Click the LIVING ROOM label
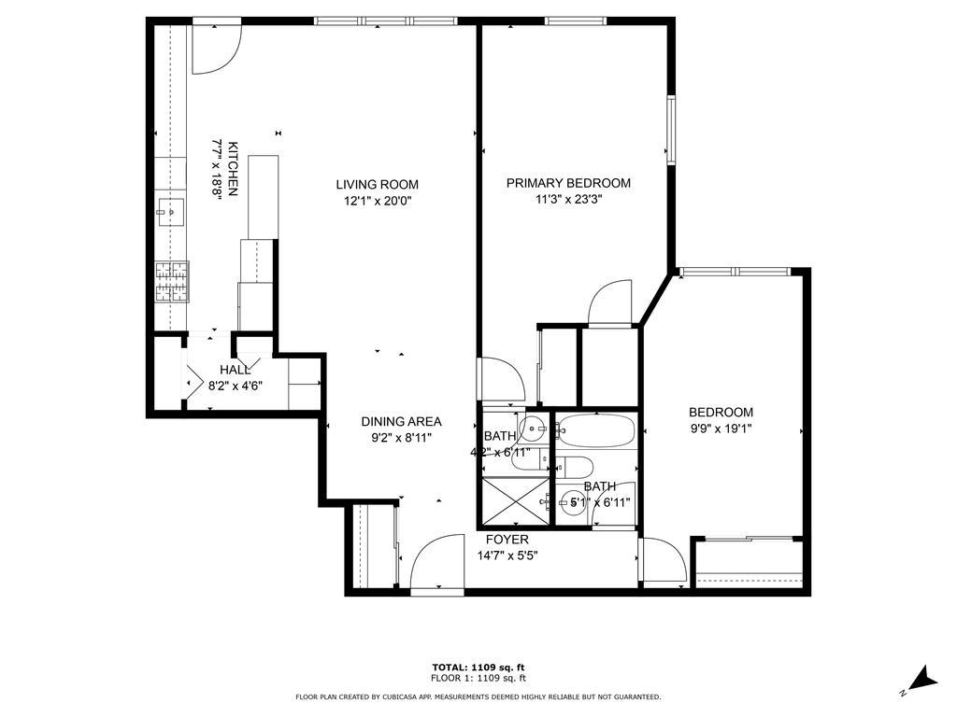(378, 184)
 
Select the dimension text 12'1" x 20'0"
(378, 200)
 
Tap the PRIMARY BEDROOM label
(568, 183)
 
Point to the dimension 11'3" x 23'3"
(568, 199)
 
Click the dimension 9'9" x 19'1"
(721, 429)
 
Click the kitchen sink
(170, 212)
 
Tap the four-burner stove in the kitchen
(172, 282)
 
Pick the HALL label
(235, 370)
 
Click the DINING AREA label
(401, 421)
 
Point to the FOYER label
(507, 540)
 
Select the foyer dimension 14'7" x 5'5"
(506, 555)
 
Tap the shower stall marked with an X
(514, 501)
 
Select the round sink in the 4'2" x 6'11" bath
(533, 430)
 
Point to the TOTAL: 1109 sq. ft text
(478, 667)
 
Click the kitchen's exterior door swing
(217, 49)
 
